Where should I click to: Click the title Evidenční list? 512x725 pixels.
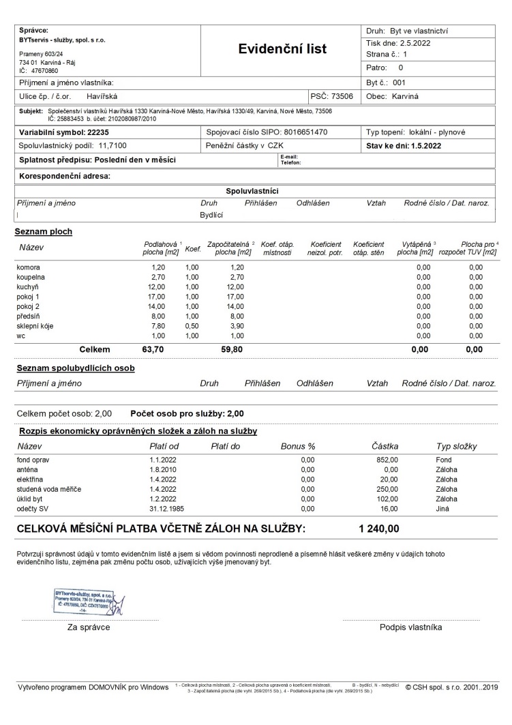coord(282,49)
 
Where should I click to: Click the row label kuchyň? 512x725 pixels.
coord(28,287)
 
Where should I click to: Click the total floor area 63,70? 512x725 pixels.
coord(153,349)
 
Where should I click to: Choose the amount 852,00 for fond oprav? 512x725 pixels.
coord(387,460)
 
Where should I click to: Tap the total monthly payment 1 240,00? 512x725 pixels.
coord(379,529)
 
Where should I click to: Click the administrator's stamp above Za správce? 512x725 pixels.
coord(84,600)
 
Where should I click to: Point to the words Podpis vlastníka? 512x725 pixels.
coord(410,627)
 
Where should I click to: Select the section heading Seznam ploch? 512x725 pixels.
coord(44,232)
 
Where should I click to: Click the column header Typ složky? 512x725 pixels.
coord(456,447)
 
